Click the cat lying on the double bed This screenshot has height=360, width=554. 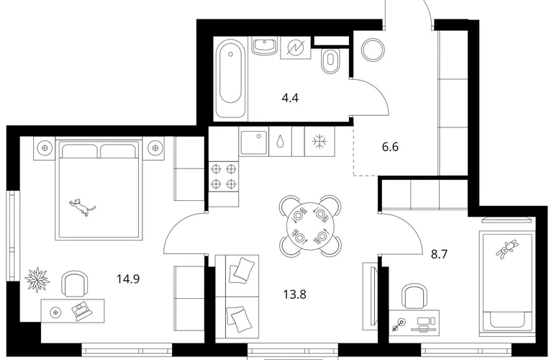coord(82,207)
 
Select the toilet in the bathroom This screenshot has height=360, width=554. coord(330,60)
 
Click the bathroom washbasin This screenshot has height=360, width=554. coord(264,46)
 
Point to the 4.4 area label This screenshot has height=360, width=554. coord(290,98)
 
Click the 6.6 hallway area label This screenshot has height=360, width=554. coord(391,146)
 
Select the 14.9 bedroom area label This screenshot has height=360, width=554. coord(128,279)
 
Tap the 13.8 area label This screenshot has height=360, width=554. coord(295,294)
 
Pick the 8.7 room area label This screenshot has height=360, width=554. coord(440,254)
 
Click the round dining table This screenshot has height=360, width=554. coord(310,225)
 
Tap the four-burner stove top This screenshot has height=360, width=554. coord(223,176)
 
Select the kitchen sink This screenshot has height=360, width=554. coord(254,143)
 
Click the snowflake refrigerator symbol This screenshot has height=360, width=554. coord(319,142)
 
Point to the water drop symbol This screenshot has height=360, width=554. coord(281,141)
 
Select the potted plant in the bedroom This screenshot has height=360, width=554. coord(37,280)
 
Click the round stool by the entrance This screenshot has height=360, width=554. coord(373,50)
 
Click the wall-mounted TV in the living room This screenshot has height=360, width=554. coord(373,297)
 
